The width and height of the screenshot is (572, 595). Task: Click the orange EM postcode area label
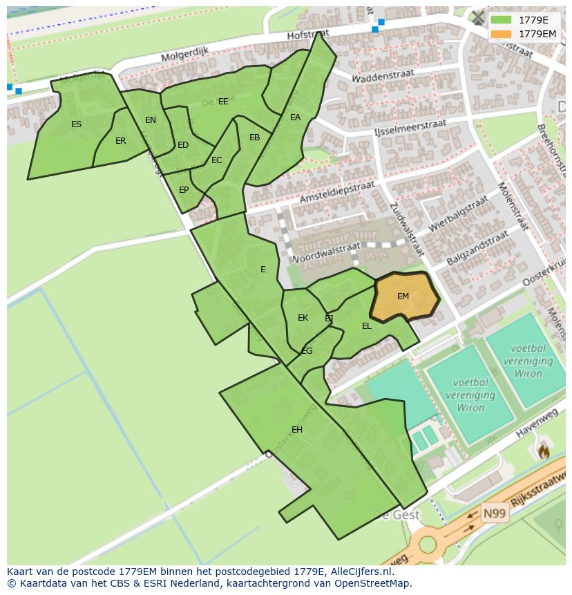pyautogui.click(x=403, y=296)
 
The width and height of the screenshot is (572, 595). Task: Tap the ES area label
pyautogui.click(x=76, y=124)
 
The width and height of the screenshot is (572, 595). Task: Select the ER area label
pyautogui.click(x=121, y=141)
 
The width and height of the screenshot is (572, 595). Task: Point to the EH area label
pyautogui.click(x=297, y=430)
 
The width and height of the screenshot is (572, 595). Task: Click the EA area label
pyautogui.click(x=296, y=117)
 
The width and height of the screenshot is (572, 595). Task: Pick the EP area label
pyautogui.click(x=184, y=190)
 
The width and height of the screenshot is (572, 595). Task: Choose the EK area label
pyautogui.click(x=303, y=318)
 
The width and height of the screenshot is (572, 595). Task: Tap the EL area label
pyautogui.click(x=367, y=326)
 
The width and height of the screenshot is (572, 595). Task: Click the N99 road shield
pyautogui.click(x=495, y=513)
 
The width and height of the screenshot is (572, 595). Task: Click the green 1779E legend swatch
pyautogui.click(x=502, y=20)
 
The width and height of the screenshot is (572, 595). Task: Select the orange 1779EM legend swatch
pyautogui.click(x=502, y=33)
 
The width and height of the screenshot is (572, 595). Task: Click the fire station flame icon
pyautogui.click(x=543, y=451)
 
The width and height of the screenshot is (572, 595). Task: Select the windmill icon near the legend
pyautogui.click(x=478, y=17)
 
